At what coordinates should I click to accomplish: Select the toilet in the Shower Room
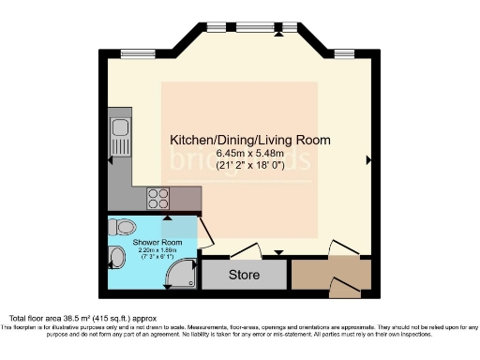[123, 228]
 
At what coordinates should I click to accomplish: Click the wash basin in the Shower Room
[114, 258]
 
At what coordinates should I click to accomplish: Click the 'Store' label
[244, 276]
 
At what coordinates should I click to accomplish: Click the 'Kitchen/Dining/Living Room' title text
[249, 140]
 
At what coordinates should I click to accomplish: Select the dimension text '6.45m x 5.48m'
[249, 155]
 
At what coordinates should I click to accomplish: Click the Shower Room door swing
[202, 234]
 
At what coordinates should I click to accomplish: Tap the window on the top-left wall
[139, 52]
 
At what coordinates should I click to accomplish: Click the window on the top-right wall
[344, 52]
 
